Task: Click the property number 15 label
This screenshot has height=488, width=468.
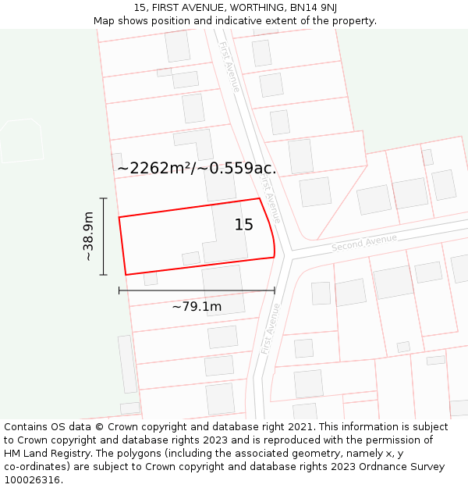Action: pos(244,225)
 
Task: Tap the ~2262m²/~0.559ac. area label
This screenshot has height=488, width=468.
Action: pos(197,168)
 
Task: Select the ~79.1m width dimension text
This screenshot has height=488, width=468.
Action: pos(197,306)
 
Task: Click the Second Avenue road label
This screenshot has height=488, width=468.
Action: pos(364,242)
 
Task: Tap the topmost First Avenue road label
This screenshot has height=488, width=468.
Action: pos(229,67)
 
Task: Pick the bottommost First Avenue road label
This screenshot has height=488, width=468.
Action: pos(271,328)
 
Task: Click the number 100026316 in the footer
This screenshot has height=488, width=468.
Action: pos(33,480)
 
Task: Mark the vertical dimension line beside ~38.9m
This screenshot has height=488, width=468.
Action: pos(104,236)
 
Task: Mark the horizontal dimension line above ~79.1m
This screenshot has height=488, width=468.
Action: pos(197,290)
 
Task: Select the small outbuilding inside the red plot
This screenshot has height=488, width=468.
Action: pos(191,258)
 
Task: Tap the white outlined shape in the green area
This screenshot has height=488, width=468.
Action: pos(21,140)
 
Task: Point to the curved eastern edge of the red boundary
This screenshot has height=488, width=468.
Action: pos(270,227)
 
